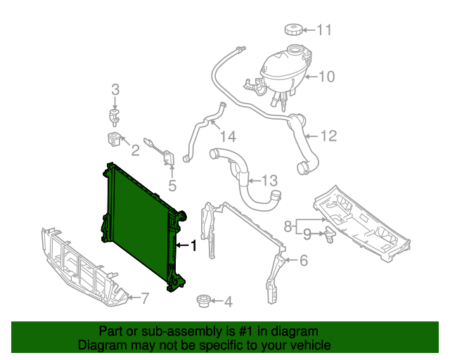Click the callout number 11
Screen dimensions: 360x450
click(324, 30)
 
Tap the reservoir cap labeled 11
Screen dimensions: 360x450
click(293, 30)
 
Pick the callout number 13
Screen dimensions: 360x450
click(271, 181)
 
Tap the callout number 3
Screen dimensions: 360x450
click(116, 89)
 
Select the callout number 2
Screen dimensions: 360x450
click(135, 150)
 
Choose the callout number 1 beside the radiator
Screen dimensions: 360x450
click(193, 245)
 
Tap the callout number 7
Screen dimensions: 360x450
click(145, 298)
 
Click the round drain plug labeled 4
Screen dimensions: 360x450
click(204, 302)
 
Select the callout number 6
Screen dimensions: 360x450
click(303, 261)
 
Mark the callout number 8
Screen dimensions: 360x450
click(288, 226)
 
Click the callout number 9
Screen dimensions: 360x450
click(307, 233)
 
